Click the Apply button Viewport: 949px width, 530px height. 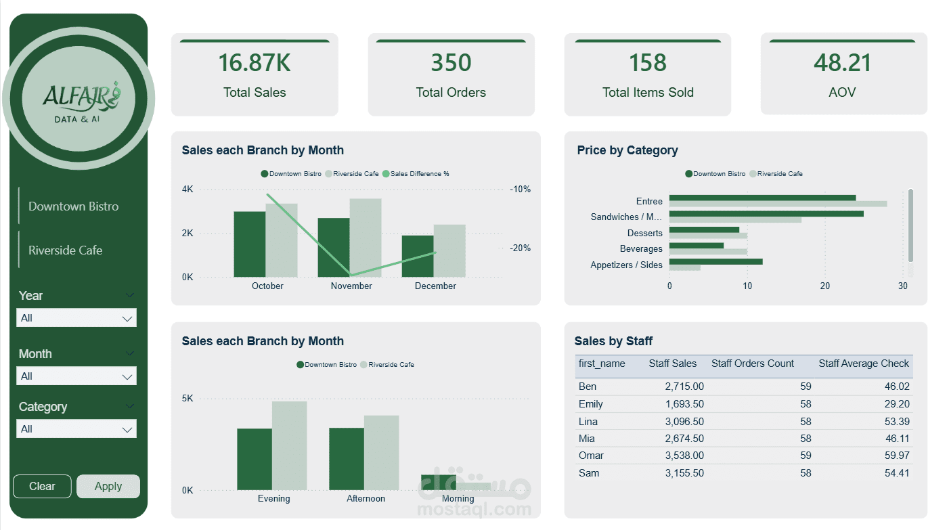[x=108, y=486]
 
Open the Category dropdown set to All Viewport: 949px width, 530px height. [x=76, y=429]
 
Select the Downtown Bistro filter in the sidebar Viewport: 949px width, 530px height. [x=73, y=206]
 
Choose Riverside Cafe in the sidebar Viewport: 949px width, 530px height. [x=65, y=250]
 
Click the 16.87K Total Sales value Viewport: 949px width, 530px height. [x=254, y=63]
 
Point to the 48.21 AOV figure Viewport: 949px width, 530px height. [x=843, y=63]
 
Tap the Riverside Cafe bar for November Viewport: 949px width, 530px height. [x=366, y=237]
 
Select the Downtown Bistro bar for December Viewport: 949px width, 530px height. [x=418, y=256]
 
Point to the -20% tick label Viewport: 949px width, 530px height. [x=521, y=248]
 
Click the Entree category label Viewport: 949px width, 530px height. [x=649, y=202]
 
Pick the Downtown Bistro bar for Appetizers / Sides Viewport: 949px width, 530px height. [x=716, y=261]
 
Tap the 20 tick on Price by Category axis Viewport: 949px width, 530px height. [x=825, y=286]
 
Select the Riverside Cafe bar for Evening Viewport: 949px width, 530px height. [x=290, y=445]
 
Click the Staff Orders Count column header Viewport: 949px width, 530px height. [x=752, y=364]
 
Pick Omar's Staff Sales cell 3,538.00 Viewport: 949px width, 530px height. [x=684, y=456]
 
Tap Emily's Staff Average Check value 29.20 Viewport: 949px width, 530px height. [x=897, y=404]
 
